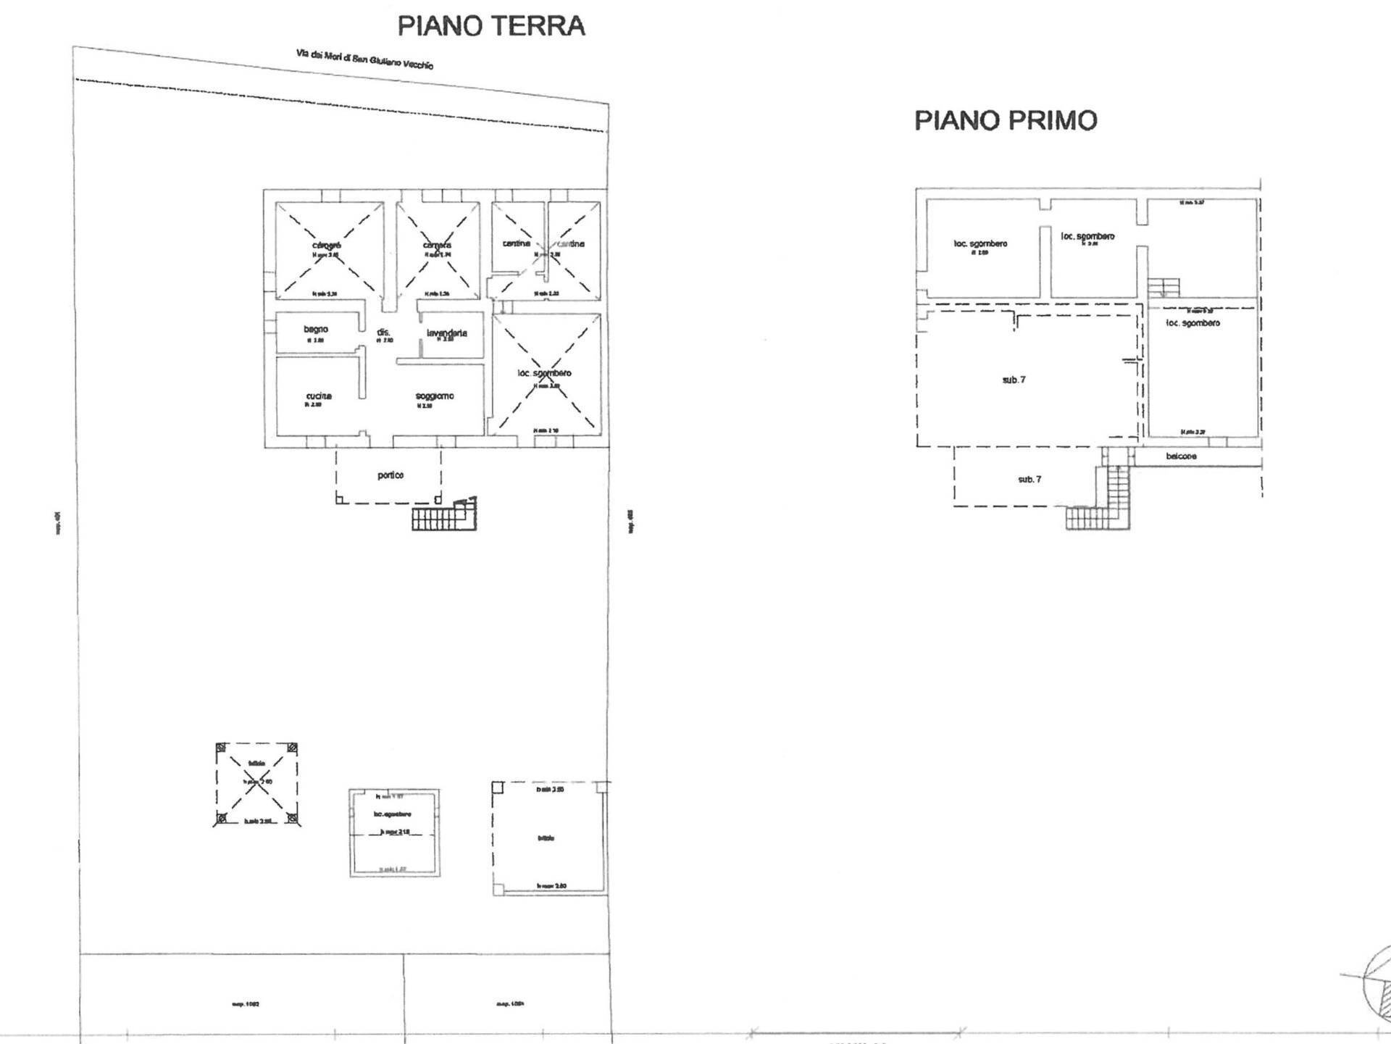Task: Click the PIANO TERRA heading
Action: point(490,26)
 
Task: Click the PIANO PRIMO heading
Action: point(1006,120)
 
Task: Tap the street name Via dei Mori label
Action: point(364,59)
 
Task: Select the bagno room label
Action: point(316,330)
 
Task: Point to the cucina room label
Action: point(319,396)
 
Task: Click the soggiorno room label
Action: point(435,396)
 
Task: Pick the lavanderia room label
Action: point(447,333)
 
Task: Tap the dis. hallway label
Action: point(383,333)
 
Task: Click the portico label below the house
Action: point(390,475)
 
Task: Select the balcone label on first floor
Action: point(1181,456)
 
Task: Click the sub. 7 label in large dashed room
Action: point(1014,380)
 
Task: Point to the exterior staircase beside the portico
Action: point(443,516)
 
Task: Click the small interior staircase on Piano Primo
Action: point(1164,288)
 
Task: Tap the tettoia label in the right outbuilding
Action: point(546,838)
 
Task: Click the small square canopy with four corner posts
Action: point(256,784)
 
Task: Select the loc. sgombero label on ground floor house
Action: point(544,373)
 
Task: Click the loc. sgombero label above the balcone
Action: point(1192,323)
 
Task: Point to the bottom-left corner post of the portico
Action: point(339,498)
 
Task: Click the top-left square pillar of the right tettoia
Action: point(497,787)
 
